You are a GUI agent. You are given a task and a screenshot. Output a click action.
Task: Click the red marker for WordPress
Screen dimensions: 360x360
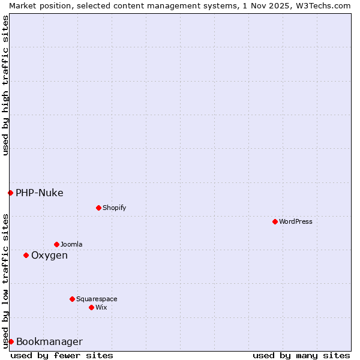point(275,221)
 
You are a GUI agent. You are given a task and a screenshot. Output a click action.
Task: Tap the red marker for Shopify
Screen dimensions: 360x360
point(98,208)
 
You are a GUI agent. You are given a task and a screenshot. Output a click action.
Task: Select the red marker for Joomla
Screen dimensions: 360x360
point(56,244)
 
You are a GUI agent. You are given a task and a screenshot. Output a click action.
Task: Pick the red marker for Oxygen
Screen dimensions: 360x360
point(26,255)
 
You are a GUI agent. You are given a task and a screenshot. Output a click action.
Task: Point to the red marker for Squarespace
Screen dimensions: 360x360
point(72,299)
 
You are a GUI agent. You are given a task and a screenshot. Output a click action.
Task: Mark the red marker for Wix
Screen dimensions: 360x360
point(91,307)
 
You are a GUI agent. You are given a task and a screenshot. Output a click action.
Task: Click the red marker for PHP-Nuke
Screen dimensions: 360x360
point(10,193)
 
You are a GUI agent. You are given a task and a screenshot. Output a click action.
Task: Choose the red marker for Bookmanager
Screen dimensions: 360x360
point(11,341)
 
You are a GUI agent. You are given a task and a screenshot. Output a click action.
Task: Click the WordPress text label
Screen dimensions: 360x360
point(296,221)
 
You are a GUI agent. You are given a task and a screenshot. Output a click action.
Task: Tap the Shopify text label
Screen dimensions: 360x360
point(114,208)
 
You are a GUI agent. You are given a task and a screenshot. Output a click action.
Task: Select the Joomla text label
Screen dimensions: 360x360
point(71,244)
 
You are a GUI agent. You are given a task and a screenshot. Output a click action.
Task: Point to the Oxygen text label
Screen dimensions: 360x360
point(49,255)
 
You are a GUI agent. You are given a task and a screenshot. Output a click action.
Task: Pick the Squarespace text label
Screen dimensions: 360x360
point(97,299)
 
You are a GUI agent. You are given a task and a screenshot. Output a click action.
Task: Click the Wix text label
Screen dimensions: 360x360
point(101,307)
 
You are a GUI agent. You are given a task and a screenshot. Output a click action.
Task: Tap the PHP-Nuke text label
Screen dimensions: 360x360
point(39,193)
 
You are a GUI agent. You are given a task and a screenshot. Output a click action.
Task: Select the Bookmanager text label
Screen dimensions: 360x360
point(49,341)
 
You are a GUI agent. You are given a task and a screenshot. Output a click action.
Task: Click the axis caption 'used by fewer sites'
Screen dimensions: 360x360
point(62,355)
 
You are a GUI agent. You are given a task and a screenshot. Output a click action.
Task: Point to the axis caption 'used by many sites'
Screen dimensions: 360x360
point(301,355)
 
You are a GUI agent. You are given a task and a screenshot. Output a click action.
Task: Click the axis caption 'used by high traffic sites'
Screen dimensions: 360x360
point(5,85)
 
